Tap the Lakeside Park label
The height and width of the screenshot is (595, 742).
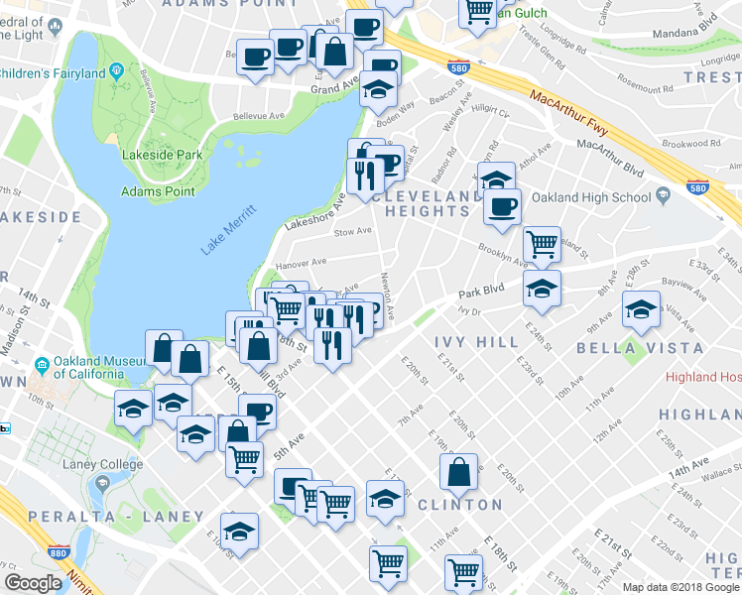tap(162, 155)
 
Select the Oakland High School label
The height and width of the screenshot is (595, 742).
tap(591, 197)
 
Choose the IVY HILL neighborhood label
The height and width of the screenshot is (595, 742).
tap(475, 342)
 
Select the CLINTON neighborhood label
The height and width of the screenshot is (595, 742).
tap(459, 505)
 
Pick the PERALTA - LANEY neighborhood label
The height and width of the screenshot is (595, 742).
tap(115, 517)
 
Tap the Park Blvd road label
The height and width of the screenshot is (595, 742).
tap(482, 295)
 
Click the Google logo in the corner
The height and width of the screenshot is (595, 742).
tap(34, 583)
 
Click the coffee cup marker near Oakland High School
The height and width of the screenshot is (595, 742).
tap(502, 206)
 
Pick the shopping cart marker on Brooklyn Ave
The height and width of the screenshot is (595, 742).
tap(542, 244)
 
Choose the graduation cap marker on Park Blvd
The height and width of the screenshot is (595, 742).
tap(542, 289)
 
